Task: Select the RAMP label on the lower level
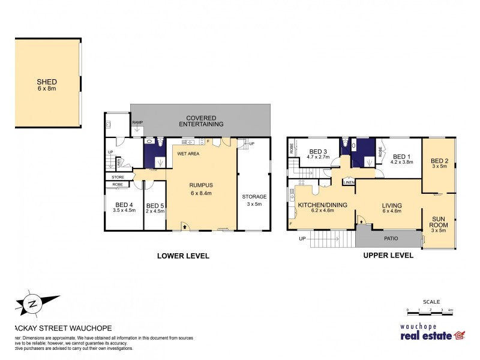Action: tap(137, 122)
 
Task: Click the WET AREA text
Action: tap(188, 154)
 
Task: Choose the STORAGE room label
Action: tap(254, 197)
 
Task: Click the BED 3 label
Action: tap(318, 152)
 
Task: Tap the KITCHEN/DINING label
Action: tap(322, 205)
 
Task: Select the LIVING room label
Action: tap(392, 205)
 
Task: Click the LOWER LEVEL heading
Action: tap(183, 256)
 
